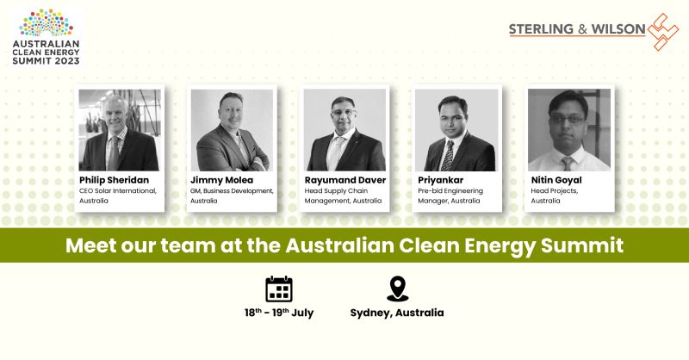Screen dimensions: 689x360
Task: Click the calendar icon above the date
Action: coord(279,289)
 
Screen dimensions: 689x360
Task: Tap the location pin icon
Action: coord(398,289)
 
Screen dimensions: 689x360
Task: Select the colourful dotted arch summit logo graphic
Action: coord(47,23)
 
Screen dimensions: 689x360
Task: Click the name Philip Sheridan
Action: coord(114,180)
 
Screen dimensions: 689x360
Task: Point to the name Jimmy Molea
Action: coord(221,180)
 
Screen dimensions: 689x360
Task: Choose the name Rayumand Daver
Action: coord(345,180)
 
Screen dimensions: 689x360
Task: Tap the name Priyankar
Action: coord(440,180)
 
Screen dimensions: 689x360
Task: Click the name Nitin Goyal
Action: coord(556,180)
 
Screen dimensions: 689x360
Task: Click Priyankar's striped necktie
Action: coord(448,156)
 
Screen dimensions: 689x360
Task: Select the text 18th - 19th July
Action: coord(279,313)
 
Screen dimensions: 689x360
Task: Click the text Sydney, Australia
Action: coord(397,313)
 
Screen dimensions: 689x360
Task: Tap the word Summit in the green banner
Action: coord(582,245)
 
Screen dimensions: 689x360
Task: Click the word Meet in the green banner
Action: coord(91,245)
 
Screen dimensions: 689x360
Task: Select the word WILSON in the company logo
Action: coord(618,29)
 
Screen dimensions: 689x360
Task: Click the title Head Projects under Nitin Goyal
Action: coord(554,191)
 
